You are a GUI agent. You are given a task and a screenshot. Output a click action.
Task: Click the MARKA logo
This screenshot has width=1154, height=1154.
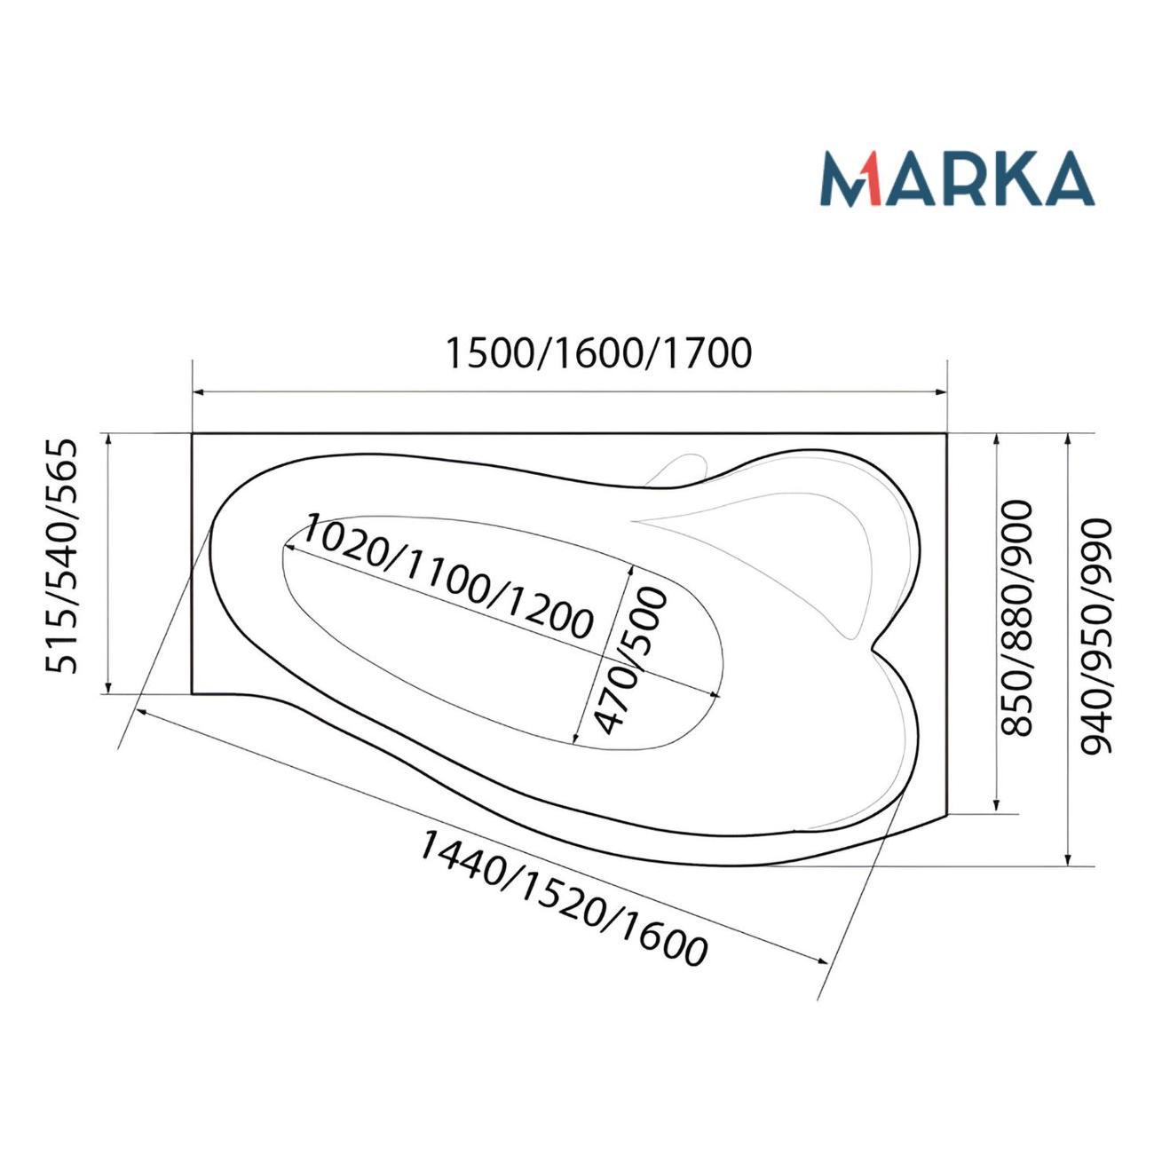[957, 178]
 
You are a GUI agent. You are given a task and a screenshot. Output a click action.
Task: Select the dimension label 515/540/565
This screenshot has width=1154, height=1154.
[62, 557]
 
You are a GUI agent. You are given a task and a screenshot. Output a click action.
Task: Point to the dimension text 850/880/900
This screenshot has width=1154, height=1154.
[1017, 618]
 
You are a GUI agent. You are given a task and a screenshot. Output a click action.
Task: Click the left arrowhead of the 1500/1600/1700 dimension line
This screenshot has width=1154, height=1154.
[199, 392]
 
